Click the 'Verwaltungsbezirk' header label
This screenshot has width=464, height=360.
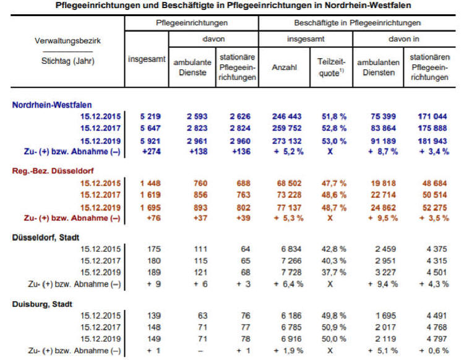(x=67, y=41)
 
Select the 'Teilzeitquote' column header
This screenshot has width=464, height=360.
(x=331, y=67)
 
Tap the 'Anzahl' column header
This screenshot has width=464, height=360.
(x=284, y=67)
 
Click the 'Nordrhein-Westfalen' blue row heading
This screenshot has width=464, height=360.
(x=52, y=105)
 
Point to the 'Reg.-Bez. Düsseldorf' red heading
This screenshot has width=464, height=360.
(x=53, y=171)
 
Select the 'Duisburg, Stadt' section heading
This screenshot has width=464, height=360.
(x=42, y=304)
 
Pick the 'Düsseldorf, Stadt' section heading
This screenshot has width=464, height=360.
(x=46, y=238)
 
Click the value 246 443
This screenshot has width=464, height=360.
(x=286, y=116)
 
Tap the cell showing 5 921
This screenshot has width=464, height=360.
(x=150, y=141)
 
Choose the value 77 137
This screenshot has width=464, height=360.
(x=289, y=208)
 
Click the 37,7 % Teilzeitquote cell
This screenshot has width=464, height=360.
(x=334, y=272)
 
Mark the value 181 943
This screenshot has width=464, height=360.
(x=432, y=141)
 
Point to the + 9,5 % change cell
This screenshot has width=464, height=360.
(x=383, y=218)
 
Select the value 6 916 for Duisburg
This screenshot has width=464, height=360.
(x=291, y=339)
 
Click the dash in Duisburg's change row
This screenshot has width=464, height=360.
(x=200, y=351)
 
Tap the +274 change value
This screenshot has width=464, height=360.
(x=152, y=152)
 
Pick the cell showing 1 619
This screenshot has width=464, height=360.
(x=150, y=195)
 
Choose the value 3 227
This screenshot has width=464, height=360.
(x=385, y=272)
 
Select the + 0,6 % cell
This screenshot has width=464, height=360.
(x=434, y=351)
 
